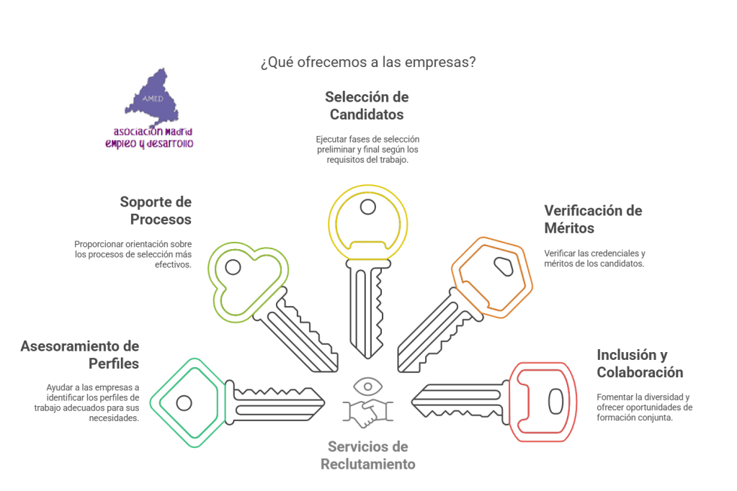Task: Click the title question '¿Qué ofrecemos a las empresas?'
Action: (x=367, y=62)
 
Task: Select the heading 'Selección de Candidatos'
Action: (x=367, y=105)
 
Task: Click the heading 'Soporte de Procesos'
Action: (x=156, y=210)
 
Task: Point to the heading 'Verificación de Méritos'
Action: (x=593, y=220)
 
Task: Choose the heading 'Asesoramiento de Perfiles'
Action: (x=80, y=355)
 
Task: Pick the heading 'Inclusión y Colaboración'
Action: (x=640, y=364)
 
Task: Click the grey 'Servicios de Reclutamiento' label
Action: (x=368, y=455)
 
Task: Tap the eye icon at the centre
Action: (x=368, y=386)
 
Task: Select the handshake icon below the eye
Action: (x=368, y=413)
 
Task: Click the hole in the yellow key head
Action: (x=368, y=207)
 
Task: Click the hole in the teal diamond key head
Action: (x=184, y=402)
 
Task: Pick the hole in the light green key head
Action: (x=232, y=267)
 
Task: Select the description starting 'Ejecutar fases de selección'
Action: (x=367, y=149)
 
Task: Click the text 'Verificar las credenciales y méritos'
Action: (x=594, y=258)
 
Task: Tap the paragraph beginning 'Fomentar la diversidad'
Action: (x=644, y=407)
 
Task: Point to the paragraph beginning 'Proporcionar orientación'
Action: (x=133, y=254)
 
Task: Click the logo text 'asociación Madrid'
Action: (x=153, y=132)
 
